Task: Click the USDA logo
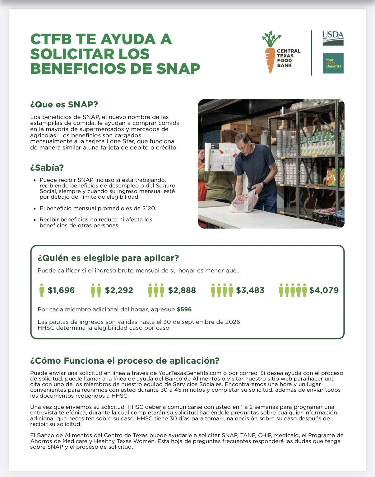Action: tap(333, 38)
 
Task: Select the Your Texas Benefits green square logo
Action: tap(333, 63)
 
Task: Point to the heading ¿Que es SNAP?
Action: tap(64, 104)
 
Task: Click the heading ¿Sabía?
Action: tap(47, 168)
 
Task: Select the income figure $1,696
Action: tap(61, 290)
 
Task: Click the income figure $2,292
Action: tap(119, 290)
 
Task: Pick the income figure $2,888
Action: tap(182, 290)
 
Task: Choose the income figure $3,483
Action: tap(250, 290)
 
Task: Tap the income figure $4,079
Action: tap(324, 290)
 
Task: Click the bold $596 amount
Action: tap(184, 309)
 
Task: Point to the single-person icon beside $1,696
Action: tap(42, 290)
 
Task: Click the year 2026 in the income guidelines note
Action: tap(233, 322)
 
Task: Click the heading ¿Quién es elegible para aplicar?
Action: tap(108, 258)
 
